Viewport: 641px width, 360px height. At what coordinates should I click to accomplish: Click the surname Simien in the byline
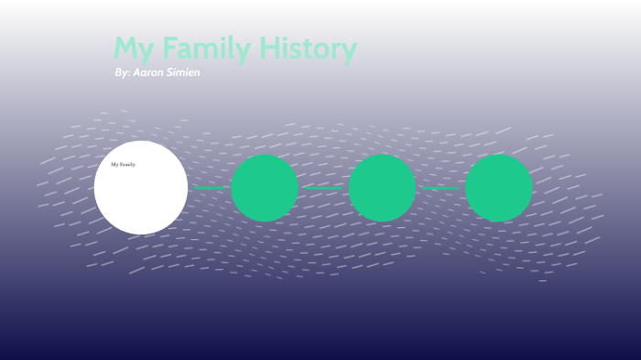183,72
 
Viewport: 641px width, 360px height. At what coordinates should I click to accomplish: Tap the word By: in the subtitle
122,72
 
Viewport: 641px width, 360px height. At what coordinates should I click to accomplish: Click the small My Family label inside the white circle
123,165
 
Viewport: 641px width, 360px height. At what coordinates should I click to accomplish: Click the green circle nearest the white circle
265,188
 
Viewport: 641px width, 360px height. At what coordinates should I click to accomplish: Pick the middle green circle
382,188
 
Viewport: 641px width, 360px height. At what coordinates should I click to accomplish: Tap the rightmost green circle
499,188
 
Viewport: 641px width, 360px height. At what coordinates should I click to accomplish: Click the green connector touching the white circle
210,188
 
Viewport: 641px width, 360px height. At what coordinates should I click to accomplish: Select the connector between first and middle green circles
323,188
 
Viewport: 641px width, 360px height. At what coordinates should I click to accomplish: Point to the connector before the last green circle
440,188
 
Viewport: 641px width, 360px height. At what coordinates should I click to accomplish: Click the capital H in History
267,49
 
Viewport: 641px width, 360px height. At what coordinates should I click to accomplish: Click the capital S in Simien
170,72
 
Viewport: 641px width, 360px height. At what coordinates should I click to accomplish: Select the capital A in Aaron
136,72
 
